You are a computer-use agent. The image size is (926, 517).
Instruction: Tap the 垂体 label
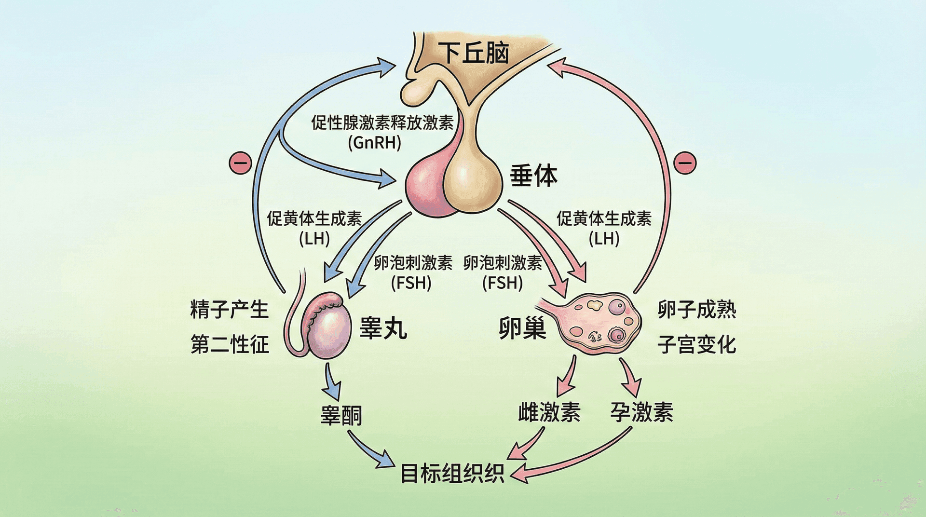click(x=533, y=176)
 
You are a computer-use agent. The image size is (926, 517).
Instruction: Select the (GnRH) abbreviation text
click(x=375, y=143)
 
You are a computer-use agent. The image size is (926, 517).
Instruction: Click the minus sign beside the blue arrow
click(x=240, y=163)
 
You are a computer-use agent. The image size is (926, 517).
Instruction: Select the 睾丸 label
click(x=383, y=328)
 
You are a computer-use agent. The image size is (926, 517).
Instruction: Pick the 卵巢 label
click(x=522, y=328)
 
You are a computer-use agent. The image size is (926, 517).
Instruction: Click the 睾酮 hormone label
click(x=341, y=415)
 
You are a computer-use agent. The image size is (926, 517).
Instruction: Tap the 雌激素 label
click(x=549, y=412)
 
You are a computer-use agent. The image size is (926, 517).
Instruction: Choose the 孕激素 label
click(x=641, y=412)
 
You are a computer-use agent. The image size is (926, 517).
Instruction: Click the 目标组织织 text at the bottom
click(x=452, y=473)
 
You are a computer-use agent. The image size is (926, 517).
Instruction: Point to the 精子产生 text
click(x=229, y=309)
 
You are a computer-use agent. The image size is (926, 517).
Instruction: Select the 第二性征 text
click(x=230, y=344)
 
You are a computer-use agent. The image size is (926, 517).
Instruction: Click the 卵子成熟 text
click(x=697, y=309)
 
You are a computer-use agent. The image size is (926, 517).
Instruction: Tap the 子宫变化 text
click(x=697, y=344)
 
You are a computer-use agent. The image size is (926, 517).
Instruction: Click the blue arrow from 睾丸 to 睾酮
click(x=331, y=381)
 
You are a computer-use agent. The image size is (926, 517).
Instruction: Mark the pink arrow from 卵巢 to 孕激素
click(x=629, y=377)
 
